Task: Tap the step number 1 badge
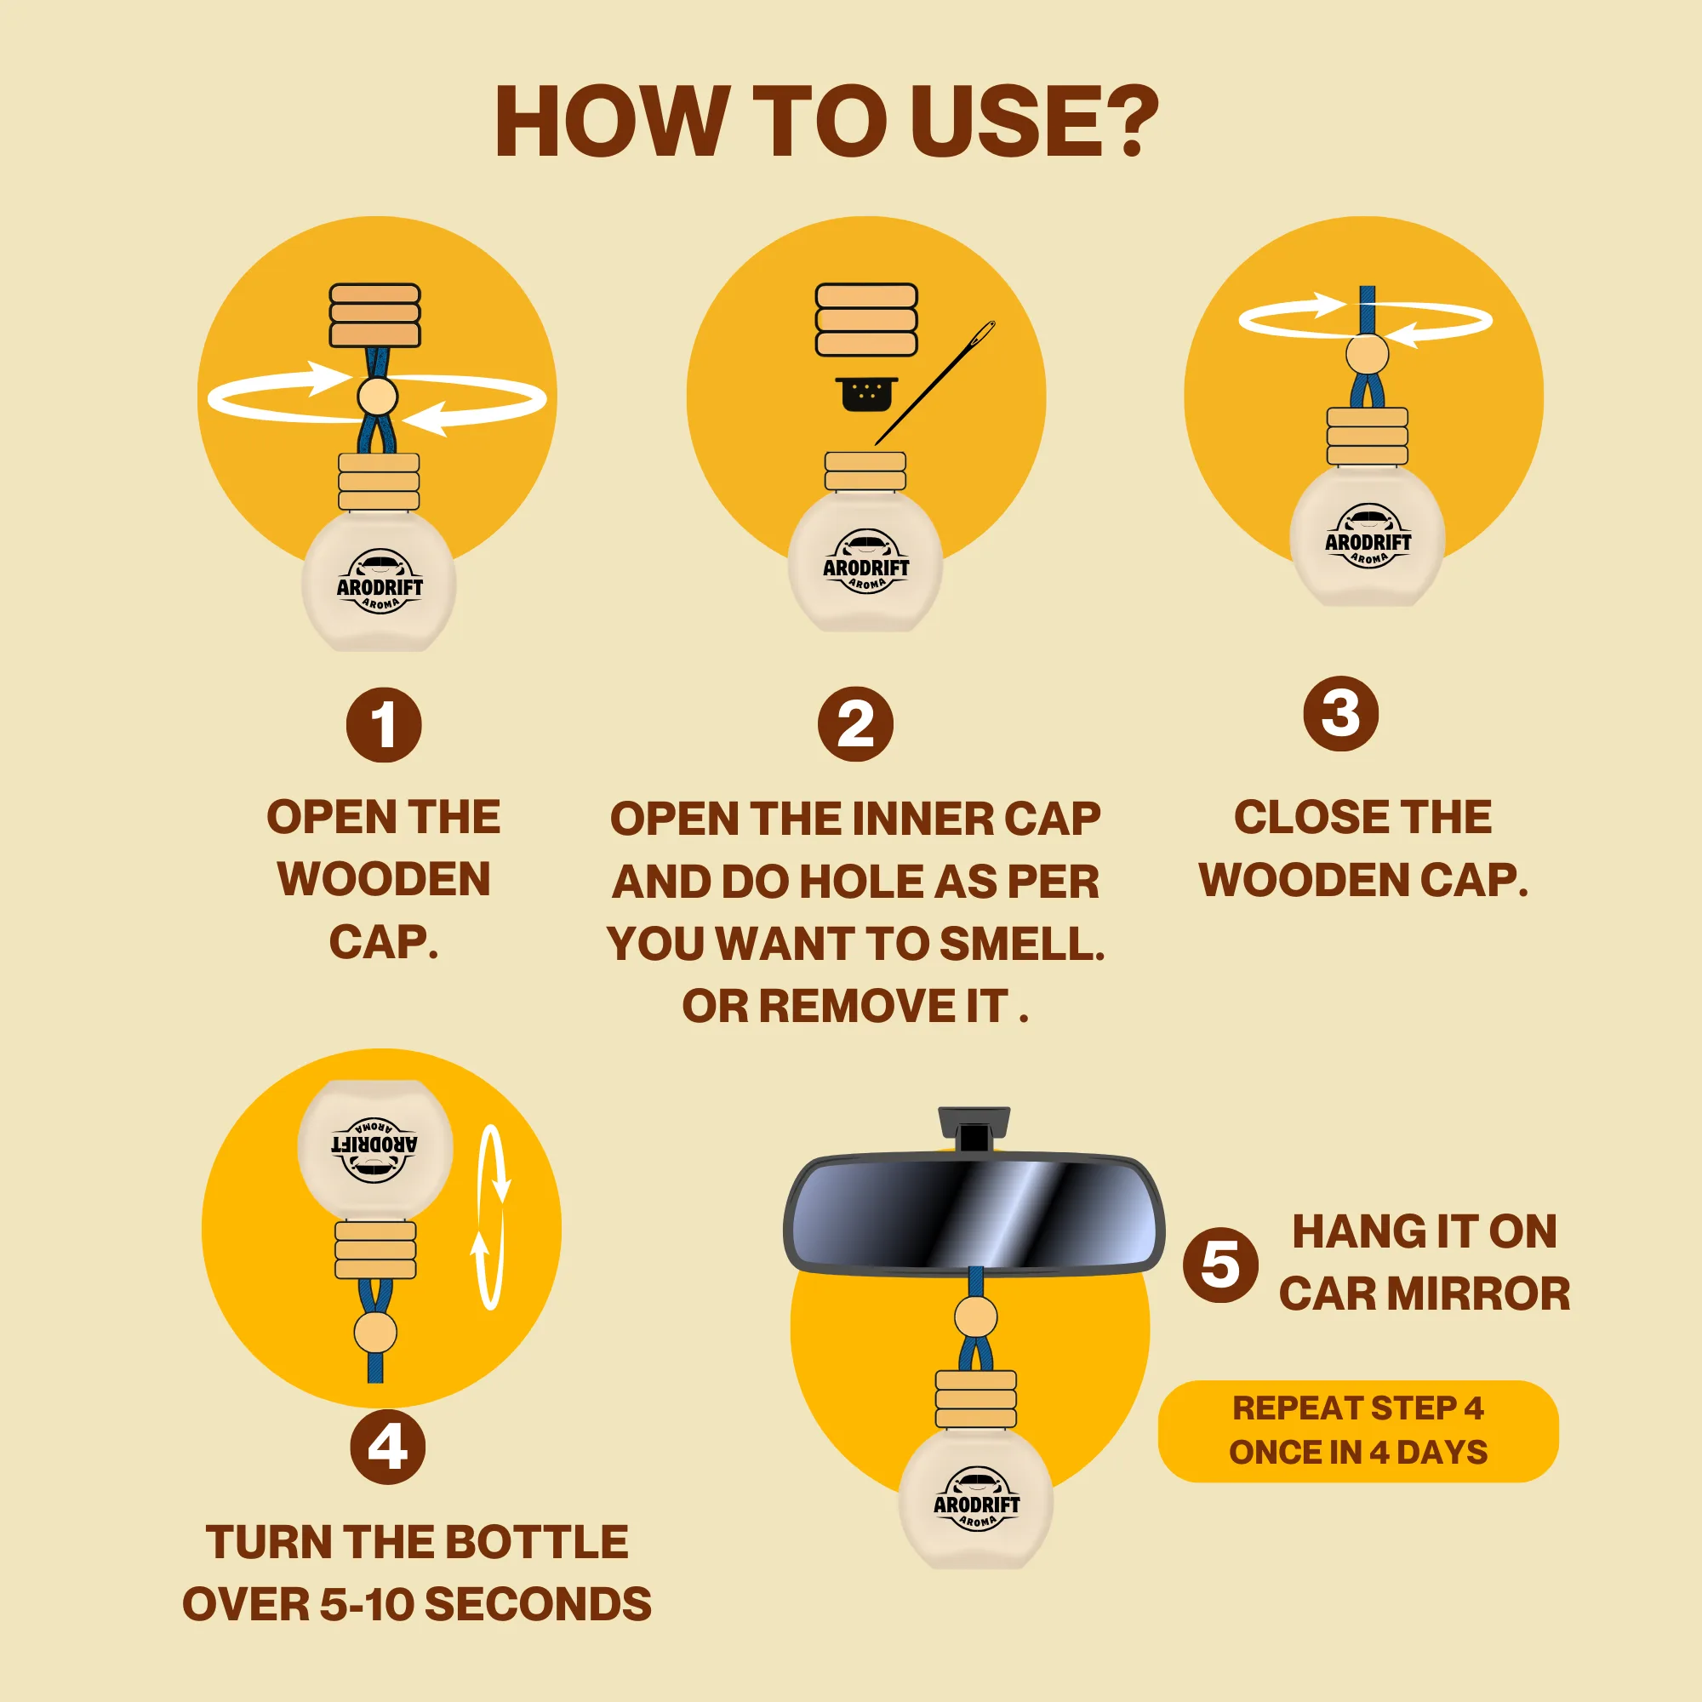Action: point(384,725)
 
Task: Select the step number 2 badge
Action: point(855,725)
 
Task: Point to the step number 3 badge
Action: point(1341,714)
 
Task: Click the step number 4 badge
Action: point(387,1447)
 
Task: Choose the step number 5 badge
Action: point(1221,1265)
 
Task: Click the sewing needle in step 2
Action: point(934,383)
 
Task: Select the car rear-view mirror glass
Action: point(974,1213)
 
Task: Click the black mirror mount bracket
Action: point(974,1128)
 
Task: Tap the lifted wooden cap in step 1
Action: point(375,316)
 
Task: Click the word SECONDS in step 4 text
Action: point(539,1605)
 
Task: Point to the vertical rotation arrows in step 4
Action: point(491,1217)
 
